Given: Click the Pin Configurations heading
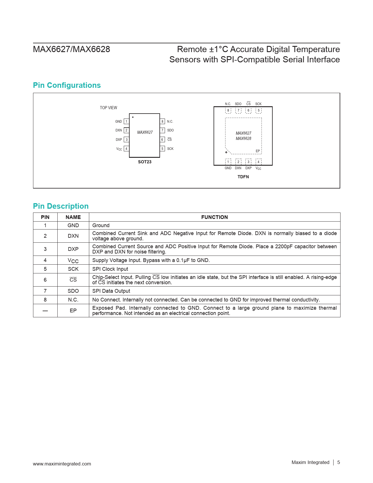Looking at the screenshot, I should coord(67,85).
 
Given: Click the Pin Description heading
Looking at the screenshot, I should coord(61,206).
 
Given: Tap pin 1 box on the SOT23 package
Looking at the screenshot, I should coord(126,121).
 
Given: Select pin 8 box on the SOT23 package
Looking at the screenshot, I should coord(162,121).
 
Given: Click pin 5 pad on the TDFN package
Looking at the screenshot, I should coord(258,111).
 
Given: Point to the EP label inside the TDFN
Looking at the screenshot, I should coord(258,151).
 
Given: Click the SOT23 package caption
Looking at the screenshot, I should coord(145,162).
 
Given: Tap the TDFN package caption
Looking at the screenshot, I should coord(243,177).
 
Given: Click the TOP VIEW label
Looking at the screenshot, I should coord(108,108).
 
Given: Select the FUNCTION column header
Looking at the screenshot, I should coord(214,217).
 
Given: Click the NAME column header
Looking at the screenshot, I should coord(73,217).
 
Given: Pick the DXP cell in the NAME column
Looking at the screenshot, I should coord(73,249).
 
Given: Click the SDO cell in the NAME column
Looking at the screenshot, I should coord(73,291).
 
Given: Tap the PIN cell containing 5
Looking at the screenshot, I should coord(45,269).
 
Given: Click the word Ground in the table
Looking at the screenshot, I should coord(101,225).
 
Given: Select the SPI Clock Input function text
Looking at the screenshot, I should coord(110,269).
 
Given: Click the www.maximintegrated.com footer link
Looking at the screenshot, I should coord(62,464).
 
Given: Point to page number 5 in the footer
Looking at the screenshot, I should coord(338,462).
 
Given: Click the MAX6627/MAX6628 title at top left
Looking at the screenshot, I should coord(71,49).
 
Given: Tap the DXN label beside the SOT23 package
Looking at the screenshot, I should coord(118,130).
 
